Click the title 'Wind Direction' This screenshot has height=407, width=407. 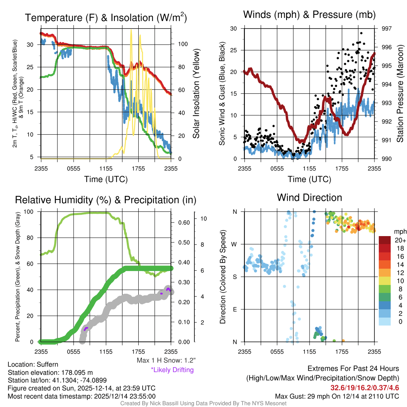pos(309,198)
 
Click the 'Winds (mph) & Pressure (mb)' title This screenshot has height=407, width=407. pos(309,15)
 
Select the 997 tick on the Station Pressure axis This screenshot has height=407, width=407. pos(386,29)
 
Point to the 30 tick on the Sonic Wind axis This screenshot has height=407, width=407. pos(234,29)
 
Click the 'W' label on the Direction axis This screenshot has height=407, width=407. pos(235,244)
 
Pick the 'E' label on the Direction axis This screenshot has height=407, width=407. pos(235,309)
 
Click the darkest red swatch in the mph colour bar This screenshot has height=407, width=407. pos(385,240)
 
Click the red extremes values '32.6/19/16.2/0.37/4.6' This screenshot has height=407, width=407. pos(364,388)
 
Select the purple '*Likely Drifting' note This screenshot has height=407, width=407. pos(172,370)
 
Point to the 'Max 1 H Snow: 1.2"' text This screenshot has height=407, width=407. pos(165,360)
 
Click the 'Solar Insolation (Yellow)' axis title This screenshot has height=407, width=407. pos(196,94)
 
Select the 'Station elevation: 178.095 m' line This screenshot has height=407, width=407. pos(50,372)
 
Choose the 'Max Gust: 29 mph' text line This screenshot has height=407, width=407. pos(337,396)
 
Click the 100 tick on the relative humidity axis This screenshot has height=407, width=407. pos(31,212)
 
